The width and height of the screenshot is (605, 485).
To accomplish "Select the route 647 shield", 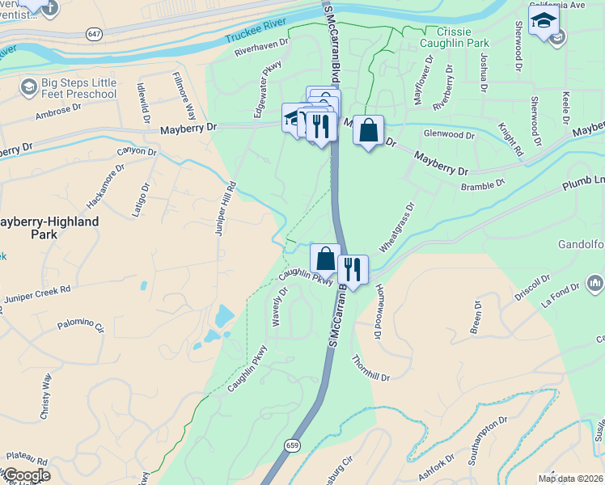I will (x=95, y=33).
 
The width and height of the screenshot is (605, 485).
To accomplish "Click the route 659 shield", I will (x=293, y=445).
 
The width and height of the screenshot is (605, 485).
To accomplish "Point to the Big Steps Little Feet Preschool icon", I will (x=29, y=86).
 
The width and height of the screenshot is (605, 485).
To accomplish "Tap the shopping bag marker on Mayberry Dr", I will (x=368, y=130).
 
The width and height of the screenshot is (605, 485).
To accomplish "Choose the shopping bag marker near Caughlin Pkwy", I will (x=325, y=259).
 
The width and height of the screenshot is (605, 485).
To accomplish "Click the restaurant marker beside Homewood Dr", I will (x=353, y=269).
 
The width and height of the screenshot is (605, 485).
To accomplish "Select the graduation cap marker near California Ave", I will (x=544, y=19).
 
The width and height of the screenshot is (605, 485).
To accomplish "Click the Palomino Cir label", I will (x=81, y=327).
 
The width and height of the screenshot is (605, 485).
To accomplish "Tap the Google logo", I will (x=26, y=475).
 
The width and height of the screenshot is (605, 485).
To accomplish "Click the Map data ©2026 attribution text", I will (x=571, y=479).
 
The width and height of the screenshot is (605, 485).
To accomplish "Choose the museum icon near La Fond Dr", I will (x=595, y=282).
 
